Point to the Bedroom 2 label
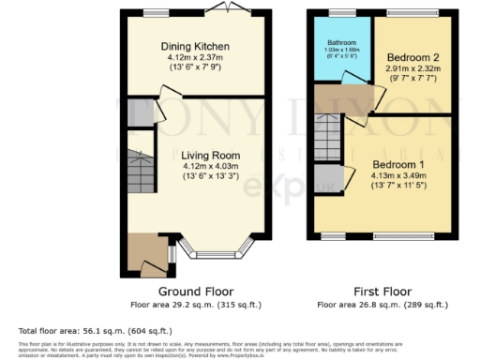(412, 57)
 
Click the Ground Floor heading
(196, 292)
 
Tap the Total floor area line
(82, 331)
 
